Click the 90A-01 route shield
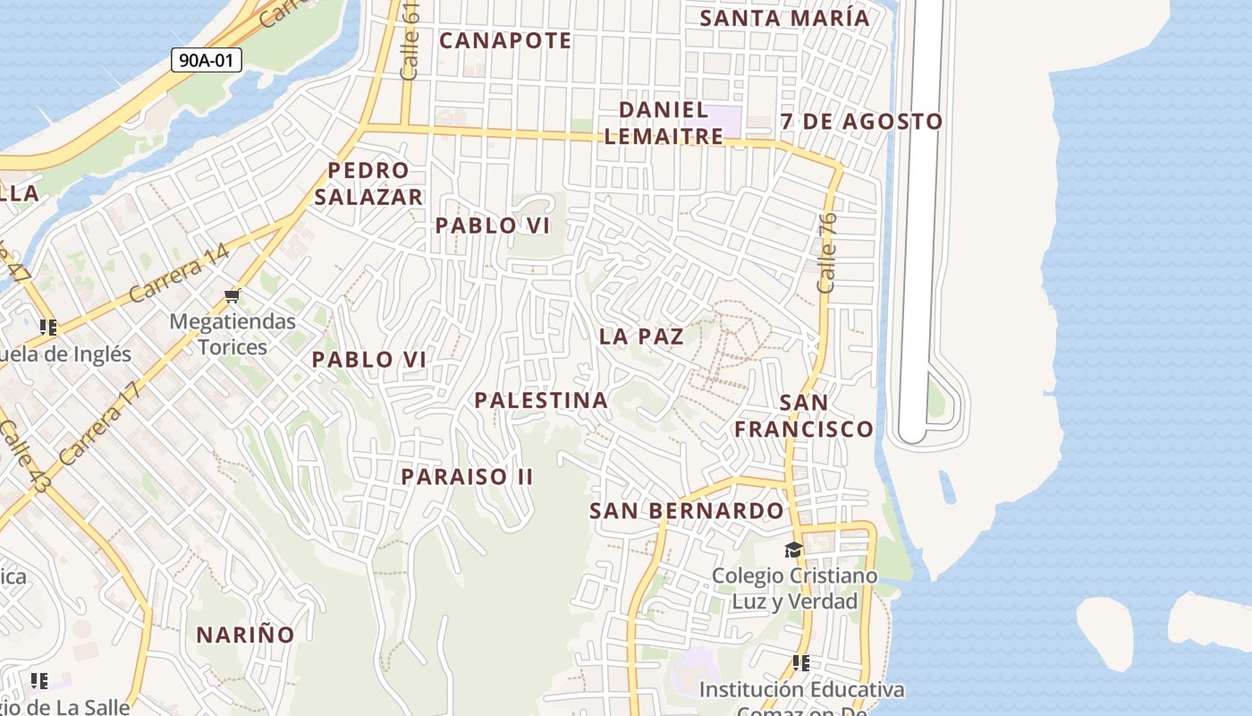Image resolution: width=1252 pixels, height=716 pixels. point(207,60)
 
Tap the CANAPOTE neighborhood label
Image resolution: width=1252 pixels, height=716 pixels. point(505,40)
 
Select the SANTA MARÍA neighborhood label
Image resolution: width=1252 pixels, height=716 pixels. point(784,18)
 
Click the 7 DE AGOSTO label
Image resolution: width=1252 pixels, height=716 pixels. point(861,121)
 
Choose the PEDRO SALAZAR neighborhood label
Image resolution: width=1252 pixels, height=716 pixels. point(368,183)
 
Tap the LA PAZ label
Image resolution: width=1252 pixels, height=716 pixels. point(641,337)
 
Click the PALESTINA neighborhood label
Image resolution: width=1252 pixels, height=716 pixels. point(541,400)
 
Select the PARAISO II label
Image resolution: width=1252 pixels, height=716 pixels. point(467,476)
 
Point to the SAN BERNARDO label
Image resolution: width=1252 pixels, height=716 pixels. point(686,511)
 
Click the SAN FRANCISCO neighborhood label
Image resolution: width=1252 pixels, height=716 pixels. point(803,415)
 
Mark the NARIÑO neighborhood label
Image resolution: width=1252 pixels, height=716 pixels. point(245,635)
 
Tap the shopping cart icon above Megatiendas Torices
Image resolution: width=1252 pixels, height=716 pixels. point(233,295)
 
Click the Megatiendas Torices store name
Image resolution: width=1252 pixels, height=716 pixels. point(233,334)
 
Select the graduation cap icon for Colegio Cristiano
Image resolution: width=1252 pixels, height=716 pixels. point(793,550)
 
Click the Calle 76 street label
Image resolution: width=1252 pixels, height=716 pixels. point(826,251)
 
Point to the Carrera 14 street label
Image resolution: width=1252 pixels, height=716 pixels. point(179,273)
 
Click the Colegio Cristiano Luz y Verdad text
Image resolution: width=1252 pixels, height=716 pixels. point(794,588)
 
